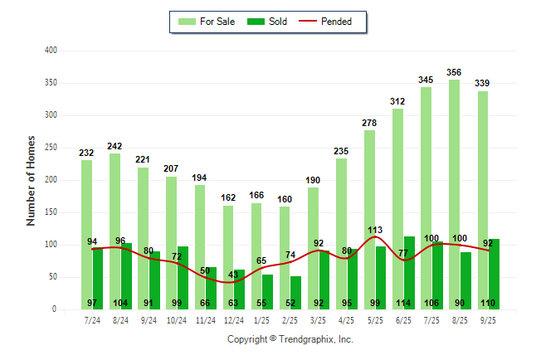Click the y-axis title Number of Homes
(x=32, y=180)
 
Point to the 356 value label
(x=455, y=72)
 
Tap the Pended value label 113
(x=375, y=230)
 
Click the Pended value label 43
(x=233, y=275)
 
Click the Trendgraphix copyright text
(x=290, y=339)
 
